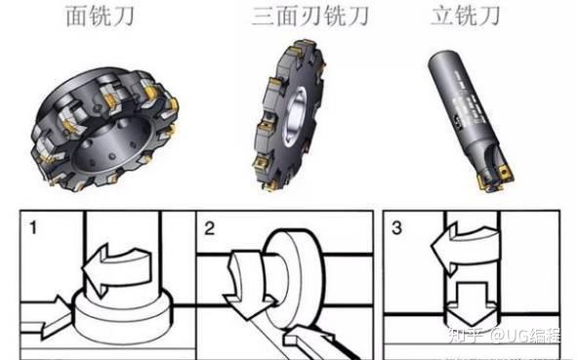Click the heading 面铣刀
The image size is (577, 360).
coord(100,17)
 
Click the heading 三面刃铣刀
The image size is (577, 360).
coord(310,17)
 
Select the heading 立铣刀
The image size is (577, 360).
coord(466,16)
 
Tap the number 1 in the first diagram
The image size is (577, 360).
coord(33,227)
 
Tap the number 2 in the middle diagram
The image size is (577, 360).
coord(209,228)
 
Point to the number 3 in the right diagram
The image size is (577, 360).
coord(396,228)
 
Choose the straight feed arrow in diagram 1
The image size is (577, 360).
coord(46,317)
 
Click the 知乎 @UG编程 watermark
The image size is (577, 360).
coord(504,335)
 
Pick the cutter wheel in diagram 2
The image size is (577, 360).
coord(295,280)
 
